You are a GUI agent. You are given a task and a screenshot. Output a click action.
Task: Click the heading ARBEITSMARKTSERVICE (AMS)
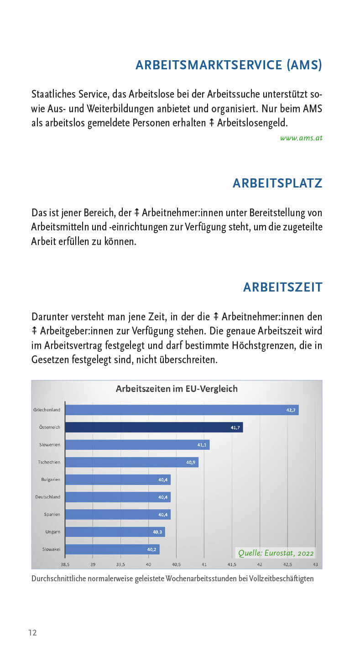229,65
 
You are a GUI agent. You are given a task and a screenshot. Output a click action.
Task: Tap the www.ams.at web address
301,137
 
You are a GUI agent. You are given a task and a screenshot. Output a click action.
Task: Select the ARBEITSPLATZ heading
277,183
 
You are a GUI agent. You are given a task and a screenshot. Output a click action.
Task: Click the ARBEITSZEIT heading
283,287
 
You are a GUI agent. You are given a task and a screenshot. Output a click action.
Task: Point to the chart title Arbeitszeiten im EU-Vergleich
177,389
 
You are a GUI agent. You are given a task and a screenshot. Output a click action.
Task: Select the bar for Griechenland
182,410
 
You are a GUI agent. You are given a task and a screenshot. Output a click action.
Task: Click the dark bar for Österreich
154,428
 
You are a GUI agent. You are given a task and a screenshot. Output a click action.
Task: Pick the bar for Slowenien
137,445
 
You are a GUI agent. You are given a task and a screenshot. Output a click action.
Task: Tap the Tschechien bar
131,462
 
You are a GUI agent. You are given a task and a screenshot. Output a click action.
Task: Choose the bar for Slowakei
112,549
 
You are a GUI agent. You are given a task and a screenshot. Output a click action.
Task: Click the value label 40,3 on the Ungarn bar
157,532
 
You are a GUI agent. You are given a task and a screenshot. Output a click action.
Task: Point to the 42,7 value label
291,410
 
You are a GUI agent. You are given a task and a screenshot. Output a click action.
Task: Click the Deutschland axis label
48,497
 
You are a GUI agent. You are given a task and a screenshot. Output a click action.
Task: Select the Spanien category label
52,514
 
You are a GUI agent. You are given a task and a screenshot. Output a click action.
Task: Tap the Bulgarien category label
51,480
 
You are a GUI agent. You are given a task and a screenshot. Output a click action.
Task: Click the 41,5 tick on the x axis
232,564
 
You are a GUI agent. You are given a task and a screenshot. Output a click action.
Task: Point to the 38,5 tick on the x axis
65,564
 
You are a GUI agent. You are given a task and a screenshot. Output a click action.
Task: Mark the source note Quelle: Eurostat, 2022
276,553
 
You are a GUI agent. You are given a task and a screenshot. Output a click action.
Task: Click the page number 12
32,633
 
